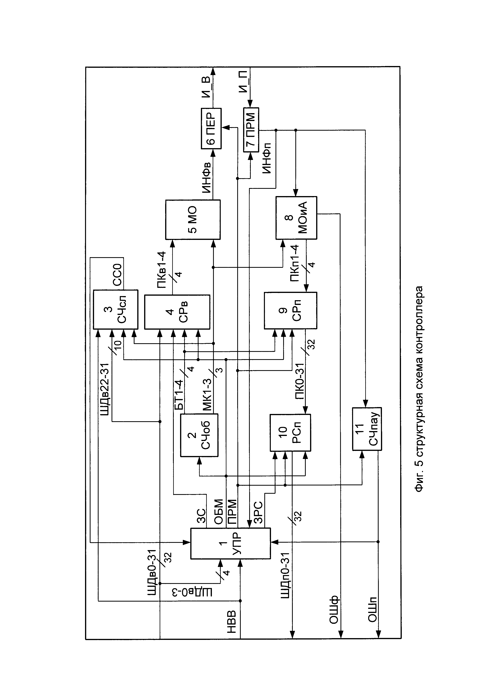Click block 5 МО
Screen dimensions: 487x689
(x=193, y=220)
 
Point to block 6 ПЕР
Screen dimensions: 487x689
(x=211, y=128)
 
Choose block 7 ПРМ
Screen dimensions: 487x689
(x=251, y=130)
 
